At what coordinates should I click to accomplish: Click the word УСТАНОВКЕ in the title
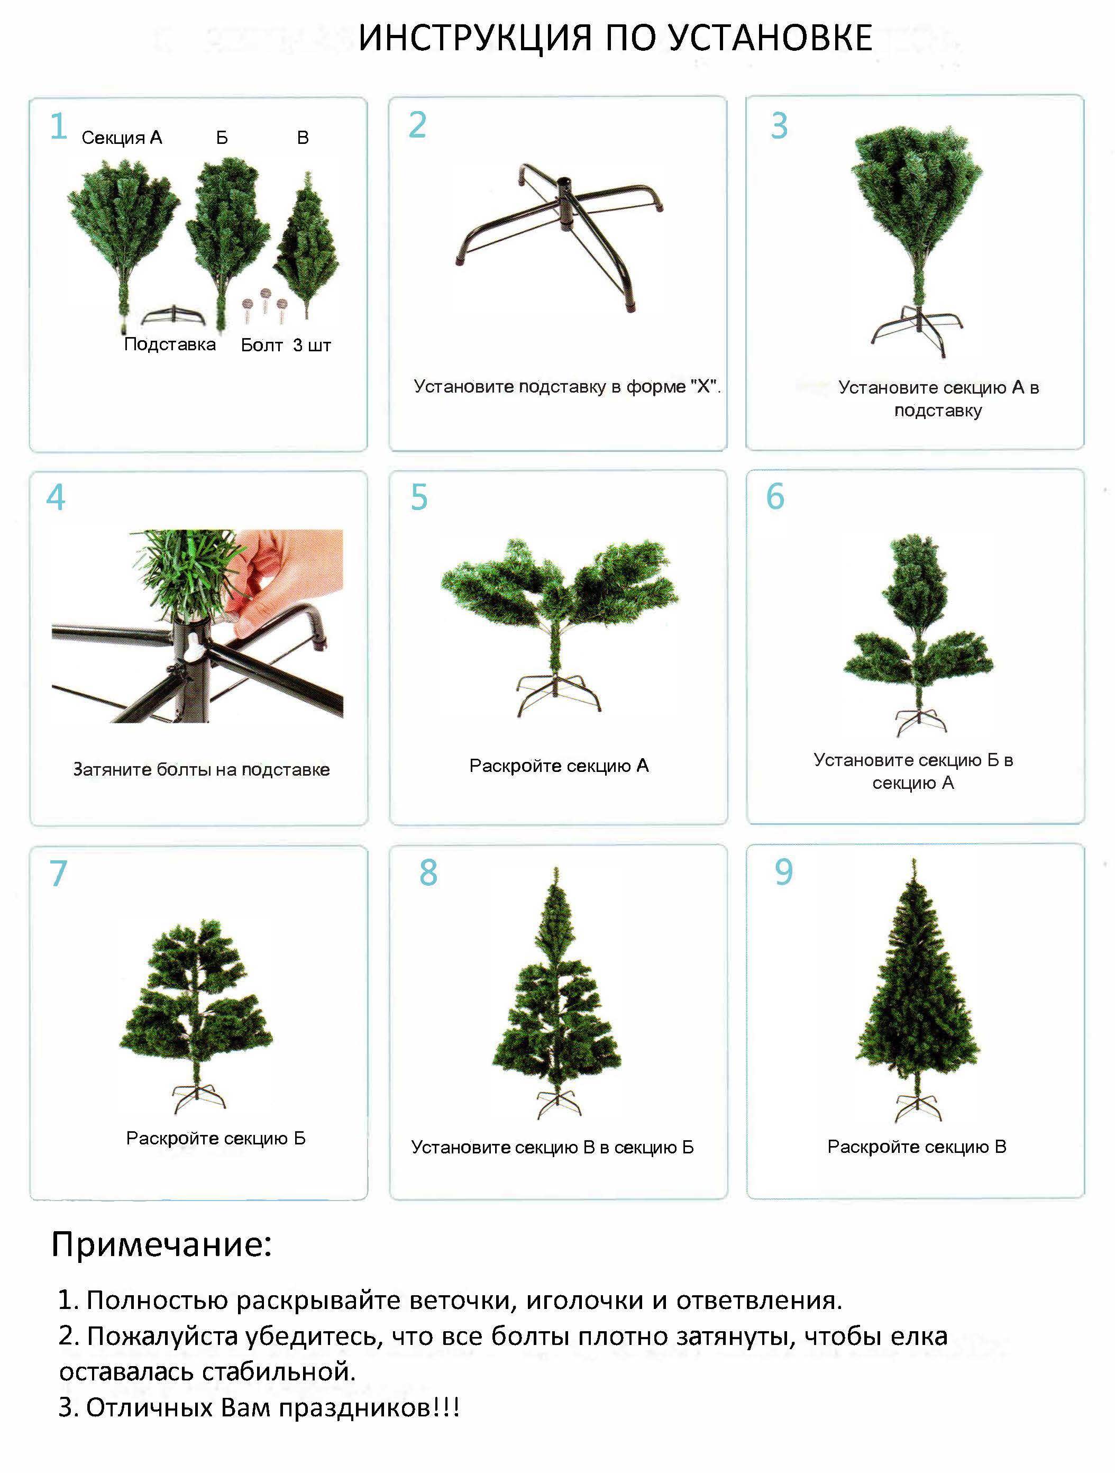[x=770, y=38]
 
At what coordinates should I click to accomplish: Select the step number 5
[x=419, y=497]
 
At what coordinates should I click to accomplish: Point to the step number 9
[x=783, y=872]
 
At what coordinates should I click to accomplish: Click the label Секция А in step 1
[x=122, y=138]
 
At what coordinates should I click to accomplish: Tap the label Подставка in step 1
[x=170, y=344]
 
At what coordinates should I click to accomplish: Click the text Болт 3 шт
[x=286, y=345]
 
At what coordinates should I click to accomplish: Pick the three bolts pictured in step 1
[x=265, y=304]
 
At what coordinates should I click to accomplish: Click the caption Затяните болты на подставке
[x=201, y=770]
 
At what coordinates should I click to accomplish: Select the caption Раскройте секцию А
[x=559, y=766]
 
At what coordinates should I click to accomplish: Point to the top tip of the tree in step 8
[x=556, y=871]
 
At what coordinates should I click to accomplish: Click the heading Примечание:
[x=161, y=1244]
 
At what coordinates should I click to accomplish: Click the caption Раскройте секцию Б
[x=216, y=1138]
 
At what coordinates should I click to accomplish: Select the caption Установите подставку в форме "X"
[x=566, y=386]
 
